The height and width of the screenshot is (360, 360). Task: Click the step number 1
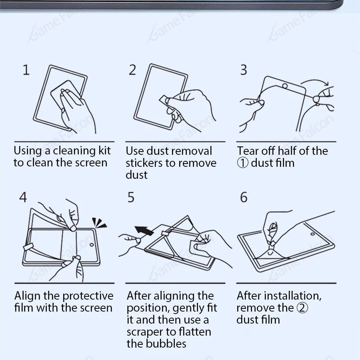26,70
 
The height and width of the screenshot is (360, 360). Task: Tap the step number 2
132,70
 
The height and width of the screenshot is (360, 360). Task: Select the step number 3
244,70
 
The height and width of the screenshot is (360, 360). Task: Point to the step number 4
23,197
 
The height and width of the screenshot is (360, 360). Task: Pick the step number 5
131,197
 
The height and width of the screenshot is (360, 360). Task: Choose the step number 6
244,197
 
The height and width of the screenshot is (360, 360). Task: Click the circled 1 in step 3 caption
243,163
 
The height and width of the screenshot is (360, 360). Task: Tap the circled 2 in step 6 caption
302,308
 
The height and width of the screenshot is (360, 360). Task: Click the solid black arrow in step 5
144,230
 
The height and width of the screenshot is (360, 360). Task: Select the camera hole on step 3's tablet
285,86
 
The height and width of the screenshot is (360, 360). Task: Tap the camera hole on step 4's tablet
92,245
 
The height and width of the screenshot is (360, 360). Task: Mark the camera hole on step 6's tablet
312,234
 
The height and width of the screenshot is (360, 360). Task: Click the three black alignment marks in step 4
100,223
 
